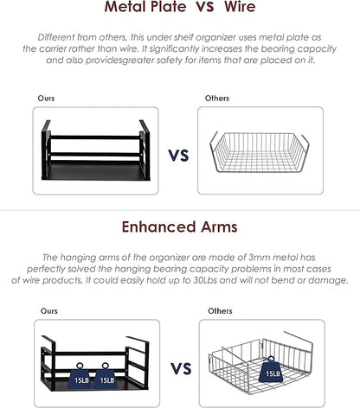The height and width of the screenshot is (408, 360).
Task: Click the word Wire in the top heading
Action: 240,6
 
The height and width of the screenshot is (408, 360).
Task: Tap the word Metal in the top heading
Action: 125,6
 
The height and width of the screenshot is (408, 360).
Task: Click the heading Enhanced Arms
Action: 179,227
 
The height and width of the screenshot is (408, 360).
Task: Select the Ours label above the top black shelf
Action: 46,99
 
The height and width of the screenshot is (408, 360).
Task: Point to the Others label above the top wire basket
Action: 217,99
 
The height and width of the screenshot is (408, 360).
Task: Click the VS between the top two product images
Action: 178,156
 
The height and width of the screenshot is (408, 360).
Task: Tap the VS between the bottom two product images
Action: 181,369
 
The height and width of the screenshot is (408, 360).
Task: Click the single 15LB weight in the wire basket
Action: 271,372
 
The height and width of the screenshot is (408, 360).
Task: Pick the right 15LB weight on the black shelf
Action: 106,377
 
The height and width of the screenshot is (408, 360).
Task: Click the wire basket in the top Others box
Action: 260,152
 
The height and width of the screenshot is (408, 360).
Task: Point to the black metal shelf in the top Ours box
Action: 96,150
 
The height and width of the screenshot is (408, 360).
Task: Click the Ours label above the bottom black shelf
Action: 49,311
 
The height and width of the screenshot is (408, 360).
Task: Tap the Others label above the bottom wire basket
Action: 220,311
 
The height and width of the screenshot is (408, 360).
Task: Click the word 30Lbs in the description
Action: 205,280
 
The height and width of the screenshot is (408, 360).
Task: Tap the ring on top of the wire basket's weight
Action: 271,359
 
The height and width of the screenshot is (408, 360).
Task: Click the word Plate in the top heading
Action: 168,6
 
